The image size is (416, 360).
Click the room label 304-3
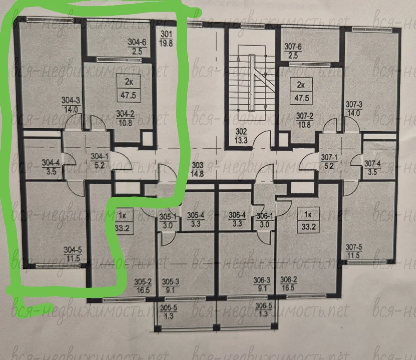[71, 100]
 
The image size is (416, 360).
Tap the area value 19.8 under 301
[166, 43]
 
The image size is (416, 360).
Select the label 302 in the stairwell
[241, 132]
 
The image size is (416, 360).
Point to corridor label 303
[198, 165]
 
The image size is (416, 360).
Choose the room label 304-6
[137, 42]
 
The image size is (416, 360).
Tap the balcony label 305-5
[169, 308]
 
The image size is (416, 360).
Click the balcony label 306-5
[264, 306]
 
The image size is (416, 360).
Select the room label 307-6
[293, 47]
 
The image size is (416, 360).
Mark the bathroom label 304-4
[51, 162]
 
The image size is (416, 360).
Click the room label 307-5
[354, 247]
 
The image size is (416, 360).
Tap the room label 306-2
[288, 279]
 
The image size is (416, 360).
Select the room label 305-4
[196, 215]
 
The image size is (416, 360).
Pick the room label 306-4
[237, 215]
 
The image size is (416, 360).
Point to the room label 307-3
[354, 105]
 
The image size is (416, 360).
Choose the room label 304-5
[73, 250]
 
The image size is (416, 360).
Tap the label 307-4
[372, 163]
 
